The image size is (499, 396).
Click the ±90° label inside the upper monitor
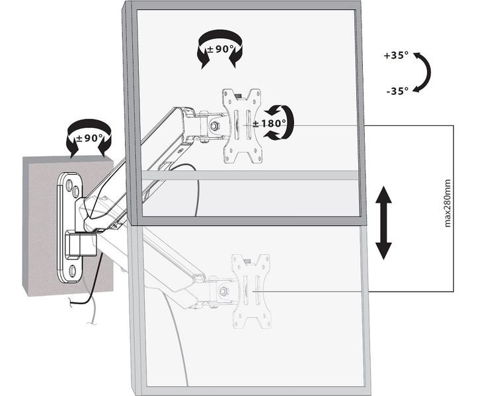click(x=221, y=49)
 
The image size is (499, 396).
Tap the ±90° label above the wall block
click(x=89, y=138)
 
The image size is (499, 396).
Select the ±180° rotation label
click(x=269, y=123)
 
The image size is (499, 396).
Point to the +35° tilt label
click(x=396, y=55)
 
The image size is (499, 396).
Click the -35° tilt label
click(x=397, y=91)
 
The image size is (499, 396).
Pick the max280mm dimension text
click(x=447, y=203)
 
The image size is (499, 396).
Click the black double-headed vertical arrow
click(x=383, y=223)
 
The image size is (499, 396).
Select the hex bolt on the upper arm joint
click(x=214, y=126)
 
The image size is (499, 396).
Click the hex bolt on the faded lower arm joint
click(x=223, y=291)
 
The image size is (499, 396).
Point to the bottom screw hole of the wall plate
click(x=72, y=271)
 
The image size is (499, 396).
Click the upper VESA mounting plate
click(x=243, y=126)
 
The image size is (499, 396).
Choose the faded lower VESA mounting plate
click(x=251, y=291)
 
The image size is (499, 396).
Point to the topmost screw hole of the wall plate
click(x=68, y=184)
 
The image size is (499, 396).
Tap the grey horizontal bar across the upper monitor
click(x=250, y=175)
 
